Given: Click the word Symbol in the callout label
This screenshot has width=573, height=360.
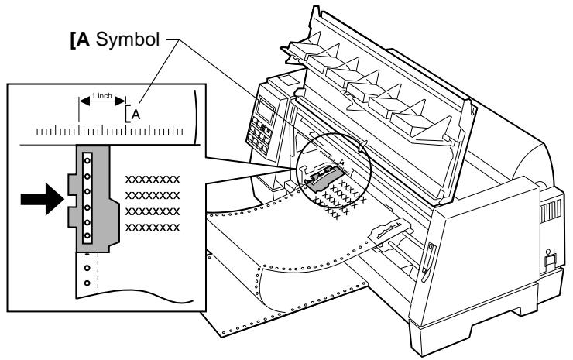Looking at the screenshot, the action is [x=128, y=39].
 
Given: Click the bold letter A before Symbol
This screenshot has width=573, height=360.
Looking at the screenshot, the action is [x=84, y=39].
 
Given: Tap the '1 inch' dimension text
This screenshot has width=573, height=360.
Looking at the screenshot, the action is [x=101, y=96].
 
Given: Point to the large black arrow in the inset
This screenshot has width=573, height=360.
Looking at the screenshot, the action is [x=42, y=199].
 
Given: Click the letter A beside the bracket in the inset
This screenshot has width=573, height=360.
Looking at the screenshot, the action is [x=136, y=115].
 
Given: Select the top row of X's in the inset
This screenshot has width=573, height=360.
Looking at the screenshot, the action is [x=153, y=180].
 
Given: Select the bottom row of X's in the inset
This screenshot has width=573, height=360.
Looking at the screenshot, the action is [x=153, y=228].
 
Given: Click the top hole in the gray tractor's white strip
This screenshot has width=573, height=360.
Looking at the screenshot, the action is [x=87, y=161].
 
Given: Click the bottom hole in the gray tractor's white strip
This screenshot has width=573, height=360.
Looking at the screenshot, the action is [x=87, y=235].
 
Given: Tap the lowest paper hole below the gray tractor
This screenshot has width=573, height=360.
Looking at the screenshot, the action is [x=87, y=283].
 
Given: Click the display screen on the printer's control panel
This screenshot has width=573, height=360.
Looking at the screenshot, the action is [x=266, y=110].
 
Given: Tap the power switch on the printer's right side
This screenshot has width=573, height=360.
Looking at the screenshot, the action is [x=550, y=261].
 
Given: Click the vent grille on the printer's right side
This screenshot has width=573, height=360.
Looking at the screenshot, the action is [x=550, y=211].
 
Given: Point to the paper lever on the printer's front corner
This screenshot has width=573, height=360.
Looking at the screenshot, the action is [x=428, y=262].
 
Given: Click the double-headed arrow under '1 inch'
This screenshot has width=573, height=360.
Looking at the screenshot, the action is [x=102, y=101].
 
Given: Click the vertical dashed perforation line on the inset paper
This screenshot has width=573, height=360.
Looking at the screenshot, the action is [x=98, y=271].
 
